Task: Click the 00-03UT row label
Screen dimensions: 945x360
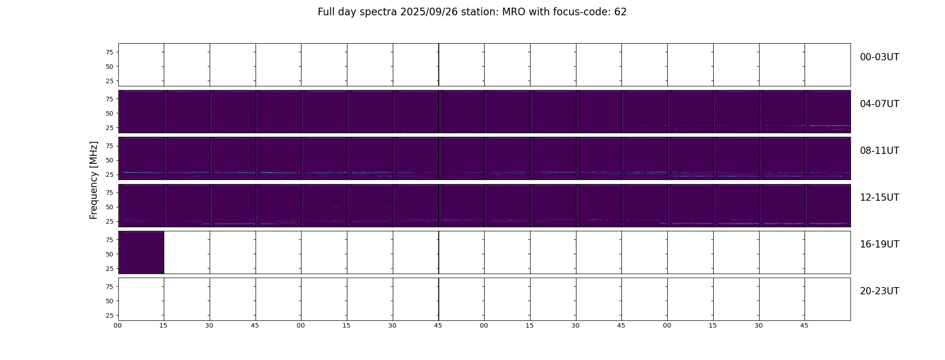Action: [x=879, y=57]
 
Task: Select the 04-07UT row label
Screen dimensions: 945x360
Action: [x=879, y=104]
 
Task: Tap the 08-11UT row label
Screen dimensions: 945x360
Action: [x=879, y=151]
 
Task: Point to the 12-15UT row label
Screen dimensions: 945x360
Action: [x=879, y=198]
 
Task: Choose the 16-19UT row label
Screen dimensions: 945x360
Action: [x=879, y=244]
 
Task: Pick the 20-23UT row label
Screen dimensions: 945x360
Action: [x=879, y=291]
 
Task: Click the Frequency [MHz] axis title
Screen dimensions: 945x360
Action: [x=94, y=180]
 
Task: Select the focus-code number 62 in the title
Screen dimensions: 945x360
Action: [x=621, y=12]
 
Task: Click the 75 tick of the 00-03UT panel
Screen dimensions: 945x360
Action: [x=109, y=52]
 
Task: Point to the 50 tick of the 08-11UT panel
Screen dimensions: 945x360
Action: [x=109, y=160]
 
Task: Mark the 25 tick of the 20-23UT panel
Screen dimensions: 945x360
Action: [x=109, y=315]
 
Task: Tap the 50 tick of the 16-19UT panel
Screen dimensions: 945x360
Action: [x=109, y=254]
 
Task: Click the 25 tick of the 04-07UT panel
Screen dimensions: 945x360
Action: [x=109, y=128]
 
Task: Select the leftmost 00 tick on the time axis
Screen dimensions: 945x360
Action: [x=118, y=326]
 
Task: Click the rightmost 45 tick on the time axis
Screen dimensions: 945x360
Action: [x=804, y=326]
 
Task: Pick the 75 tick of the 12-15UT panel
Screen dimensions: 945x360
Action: [x=109, y=193]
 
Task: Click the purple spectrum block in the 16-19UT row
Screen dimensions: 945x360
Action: [x=141, y=252]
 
